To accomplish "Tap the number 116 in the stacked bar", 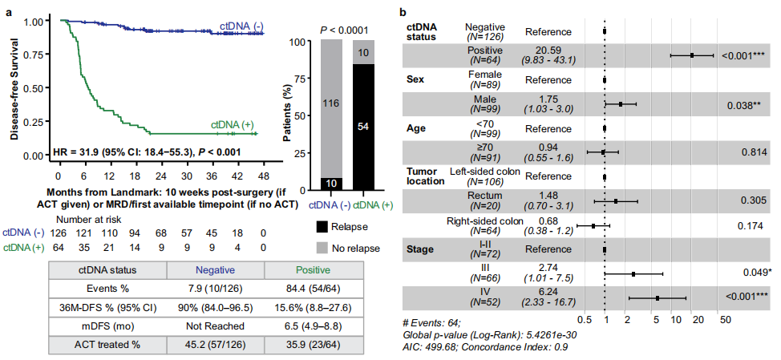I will (x=333, y=103).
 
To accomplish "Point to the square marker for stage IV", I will (x=657, y=298).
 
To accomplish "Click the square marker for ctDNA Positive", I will (x=692, y=55).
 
